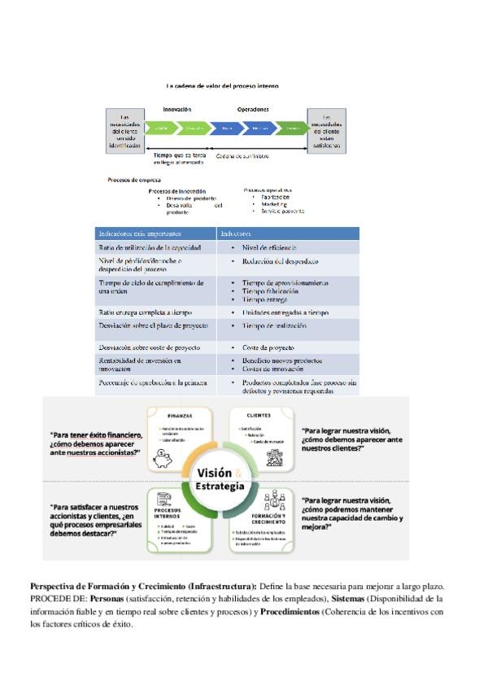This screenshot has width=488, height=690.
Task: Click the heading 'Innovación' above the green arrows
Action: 176,108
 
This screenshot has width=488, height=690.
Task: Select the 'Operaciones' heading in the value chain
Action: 253,108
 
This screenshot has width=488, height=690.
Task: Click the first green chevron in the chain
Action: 161,128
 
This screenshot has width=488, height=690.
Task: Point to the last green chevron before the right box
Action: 290,128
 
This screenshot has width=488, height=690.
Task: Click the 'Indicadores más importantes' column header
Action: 134,233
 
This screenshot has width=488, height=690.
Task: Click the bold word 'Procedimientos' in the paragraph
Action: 290,611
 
